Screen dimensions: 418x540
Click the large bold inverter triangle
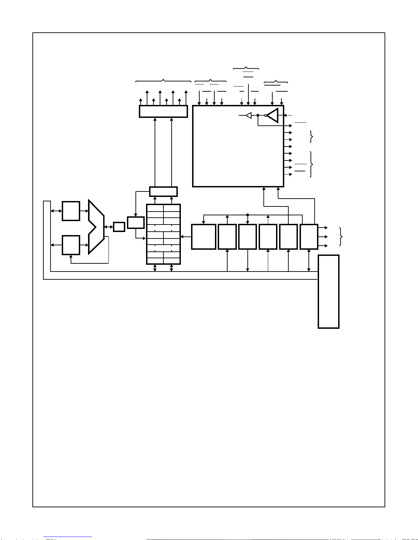(273, 115)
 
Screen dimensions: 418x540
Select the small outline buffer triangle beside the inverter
(249, 115)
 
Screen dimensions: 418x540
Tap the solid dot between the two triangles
(258, 115)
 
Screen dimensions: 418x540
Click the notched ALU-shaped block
(96, 227)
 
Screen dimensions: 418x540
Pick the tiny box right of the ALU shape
(119, 227)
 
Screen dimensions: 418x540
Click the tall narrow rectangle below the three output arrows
(328, 292)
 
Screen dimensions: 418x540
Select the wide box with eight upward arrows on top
(163, 111)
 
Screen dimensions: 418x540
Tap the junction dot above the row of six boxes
(248, 215)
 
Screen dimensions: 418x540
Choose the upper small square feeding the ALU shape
(71, 211)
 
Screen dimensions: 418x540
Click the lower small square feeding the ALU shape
(71, 245)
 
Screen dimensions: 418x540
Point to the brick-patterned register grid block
(163, 234)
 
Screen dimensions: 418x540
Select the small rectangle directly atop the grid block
(163, 191)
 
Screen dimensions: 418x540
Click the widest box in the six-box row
(204, 237)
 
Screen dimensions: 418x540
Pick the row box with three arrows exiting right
(309, 237)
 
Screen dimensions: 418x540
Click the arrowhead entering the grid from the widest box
(182, 237)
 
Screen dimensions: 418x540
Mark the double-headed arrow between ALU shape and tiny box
(109, 227)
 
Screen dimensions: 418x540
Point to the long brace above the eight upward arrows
(163, 81)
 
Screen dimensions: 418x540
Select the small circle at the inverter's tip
(265, 115)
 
